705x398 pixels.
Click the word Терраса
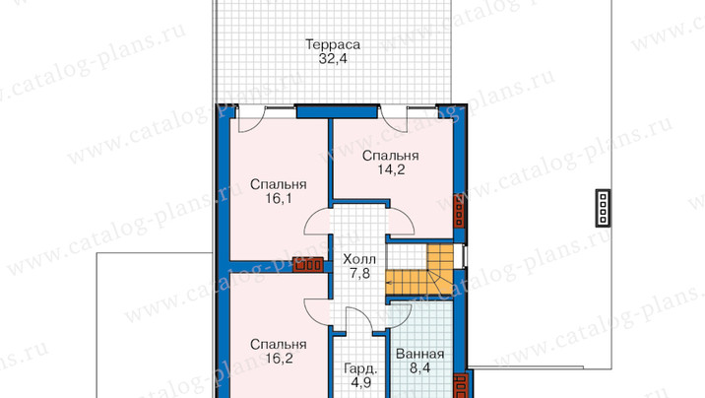333,45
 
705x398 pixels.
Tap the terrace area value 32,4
333,59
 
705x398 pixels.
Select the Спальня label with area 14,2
390,156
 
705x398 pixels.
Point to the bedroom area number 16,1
279,198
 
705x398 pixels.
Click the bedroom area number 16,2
279,359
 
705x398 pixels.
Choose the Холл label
359,259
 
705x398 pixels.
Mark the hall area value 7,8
359,274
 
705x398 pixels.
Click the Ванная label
419,355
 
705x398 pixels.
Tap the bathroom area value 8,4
419,368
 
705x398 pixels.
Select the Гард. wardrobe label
360,369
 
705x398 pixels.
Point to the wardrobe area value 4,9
360,383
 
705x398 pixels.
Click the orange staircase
420,270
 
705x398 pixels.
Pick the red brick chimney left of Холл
308,264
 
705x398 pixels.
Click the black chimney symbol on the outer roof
603,208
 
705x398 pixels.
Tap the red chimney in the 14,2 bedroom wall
459,211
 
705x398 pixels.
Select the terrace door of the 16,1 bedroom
252,119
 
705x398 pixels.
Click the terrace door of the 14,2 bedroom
394,119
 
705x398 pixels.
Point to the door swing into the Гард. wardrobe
359,320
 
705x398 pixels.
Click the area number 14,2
391,170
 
